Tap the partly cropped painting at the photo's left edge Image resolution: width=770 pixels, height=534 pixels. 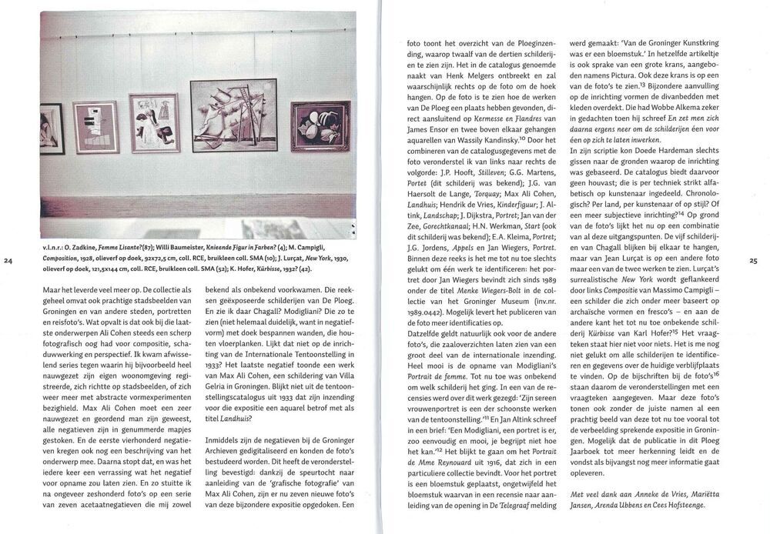pyautogui.click(x=51, y=128)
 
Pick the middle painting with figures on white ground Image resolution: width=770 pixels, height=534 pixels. pyautogui.click(x=154, y=123)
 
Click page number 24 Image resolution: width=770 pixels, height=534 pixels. pyautogui.click(x=8, y=262)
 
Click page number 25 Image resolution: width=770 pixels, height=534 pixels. pyautogui.click(x=753, y=262)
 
